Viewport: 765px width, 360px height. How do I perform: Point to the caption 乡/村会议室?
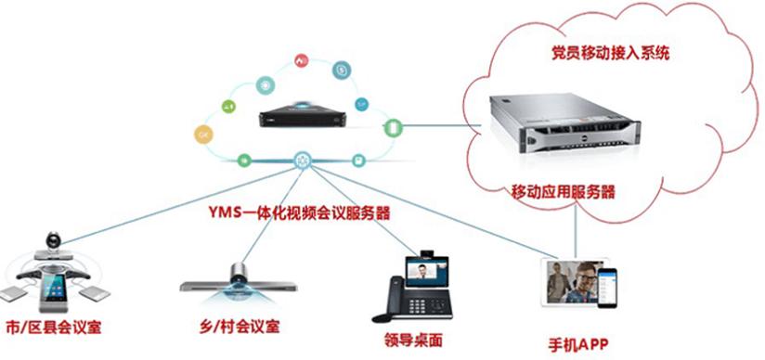pyautogui.click(x=238, y=326)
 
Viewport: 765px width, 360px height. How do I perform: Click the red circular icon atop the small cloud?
pyautogui.click(x=301, y=59)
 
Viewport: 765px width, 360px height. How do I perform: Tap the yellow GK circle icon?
pyautogui.click(x=204, y=136)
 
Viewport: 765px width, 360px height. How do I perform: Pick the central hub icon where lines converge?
pyautogui.click(x=303, y=160)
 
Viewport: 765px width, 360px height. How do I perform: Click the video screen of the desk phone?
pyautogui.click(x=427, y=272)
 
